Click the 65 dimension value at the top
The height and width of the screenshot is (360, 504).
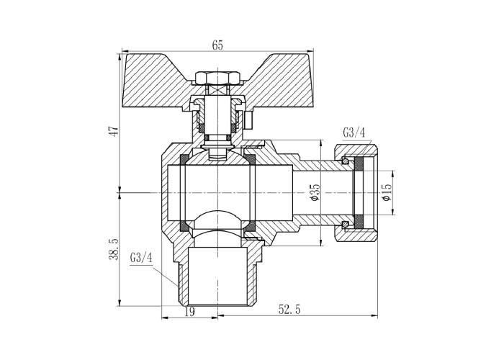click(x=217, y=45)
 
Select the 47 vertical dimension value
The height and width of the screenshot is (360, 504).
click(x=114, y=130)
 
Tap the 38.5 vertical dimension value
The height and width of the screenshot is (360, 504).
click(x=114, y=249)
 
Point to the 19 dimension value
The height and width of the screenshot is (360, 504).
click(x=190, y=311)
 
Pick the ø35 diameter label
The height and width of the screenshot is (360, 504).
click(x=315, y=192)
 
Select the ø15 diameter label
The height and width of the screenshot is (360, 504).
click(x=387, y=192)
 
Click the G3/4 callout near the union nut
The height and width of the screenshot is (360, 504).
click(x=354, y=132)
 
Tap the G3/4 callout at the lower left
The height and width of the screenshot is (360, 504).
click(x=141, y=258)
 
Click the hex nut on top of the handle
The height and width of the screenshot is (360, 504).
click(x=217, y=78)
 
